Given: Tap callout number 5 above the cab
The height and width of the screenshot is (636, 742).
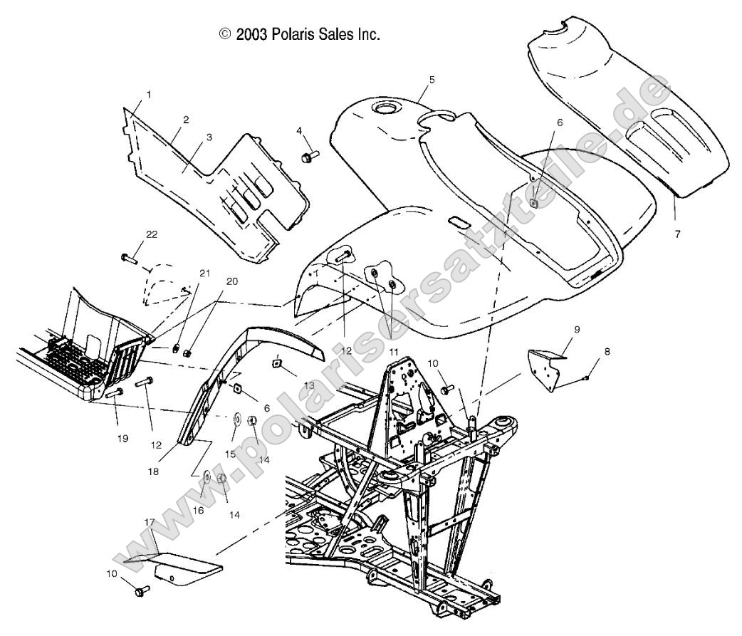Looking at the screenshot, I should coord(432,80).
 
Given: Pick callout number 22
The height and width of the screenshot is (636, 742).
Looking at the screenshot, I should coord(152,235).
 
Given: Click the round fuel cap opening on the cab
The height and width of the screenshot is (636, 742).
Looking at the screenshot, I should coord(387,109).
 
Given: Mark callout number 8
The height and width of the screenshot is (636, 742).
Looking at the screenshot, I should coord(607,351).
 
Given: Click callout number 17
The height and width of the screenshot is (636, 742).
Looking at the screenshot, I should coord(149,522).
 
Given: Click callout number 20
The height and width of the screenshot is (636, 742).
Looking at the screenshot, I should coord(231,281).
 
